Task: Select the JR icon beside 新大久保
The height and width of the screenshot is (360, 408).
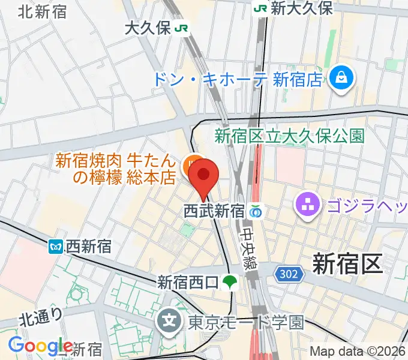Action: point(260,8)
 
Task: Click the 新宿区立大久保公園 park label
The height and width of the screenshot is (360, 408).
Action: point(290,136)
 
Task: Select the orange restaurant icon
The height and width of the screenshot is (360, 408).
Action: point(191,162)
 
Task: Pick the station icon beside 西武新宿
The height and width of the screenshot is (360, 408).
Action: point(256,211)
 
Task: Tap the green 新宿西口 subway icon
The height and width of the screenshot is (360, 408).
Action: point(229,281)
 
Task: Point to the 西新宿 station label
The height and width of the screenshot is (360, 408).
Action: point(89,245)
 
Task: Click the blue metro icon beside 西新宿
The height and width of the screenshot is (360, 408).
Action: point(56,245)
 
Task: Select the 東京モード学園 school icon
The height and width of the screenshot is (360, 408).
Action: point(170,322)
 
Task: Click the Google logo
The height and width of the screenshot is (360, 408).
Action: point(40,346)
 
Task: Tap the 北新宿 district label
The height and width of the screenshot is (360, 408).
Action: point(43,11)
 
